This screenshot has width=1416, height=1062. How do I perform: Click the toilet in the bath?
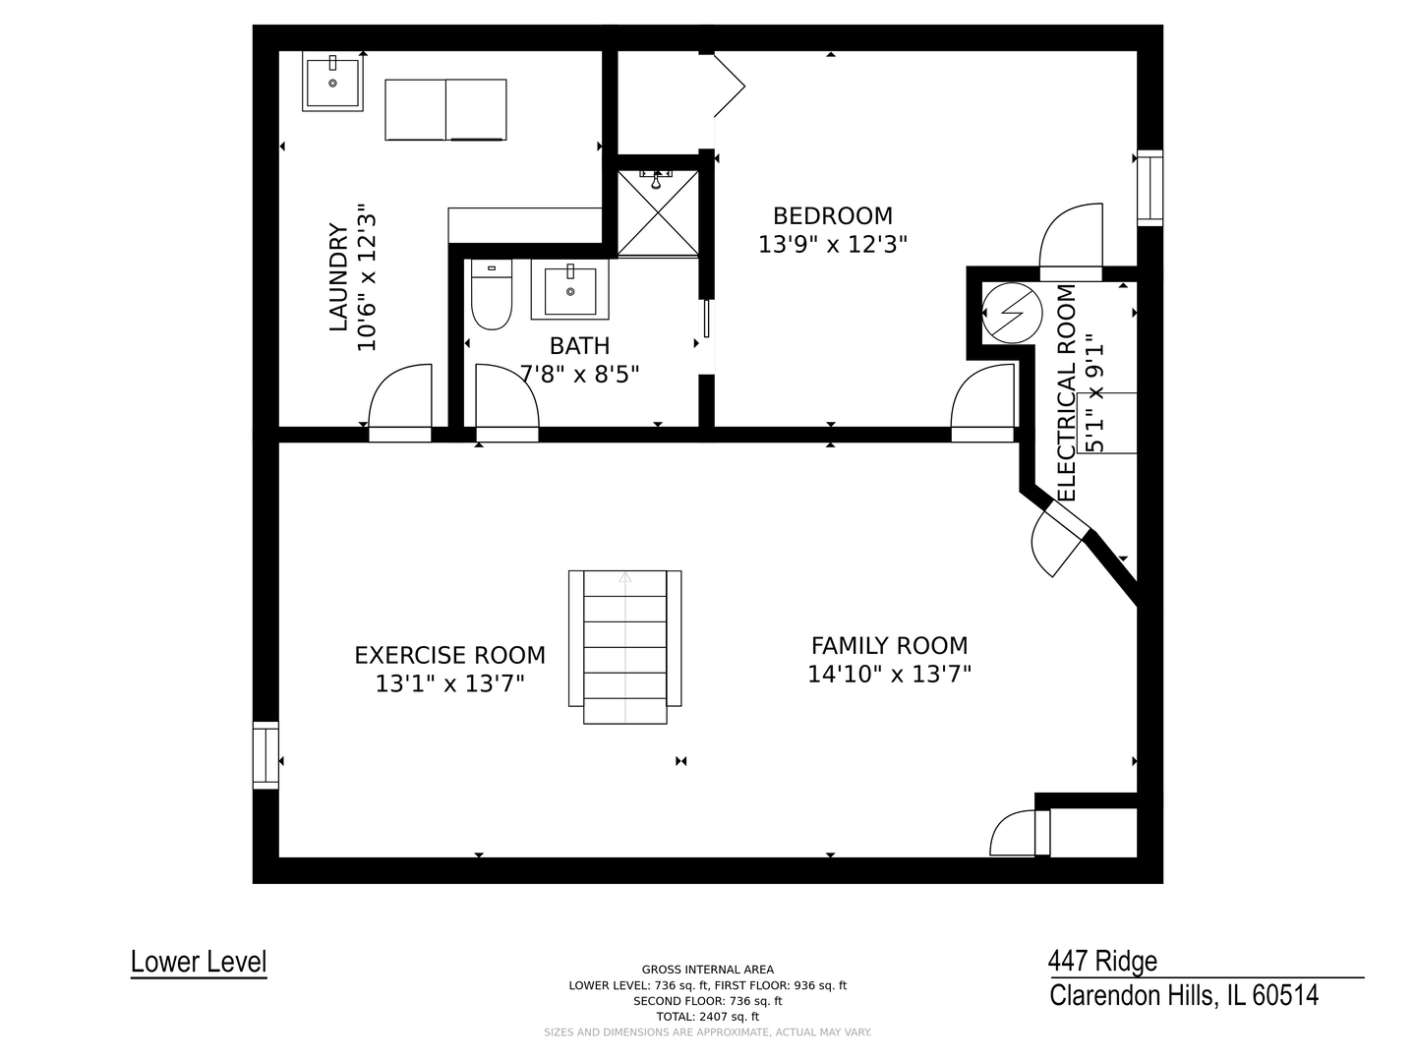(492, 294)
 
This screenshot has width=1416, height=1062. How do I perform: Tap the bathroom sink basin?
(569, 289)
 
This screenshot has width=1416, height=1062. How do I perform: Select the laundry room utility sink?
(332, 82)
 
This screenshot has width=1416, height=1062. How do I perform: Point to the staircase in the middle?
(624, 647)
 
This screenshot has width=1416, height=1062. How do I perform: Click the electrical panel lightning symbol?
(1012, 314)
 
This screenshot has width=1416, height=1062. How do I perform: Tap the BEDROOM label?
(832, 215)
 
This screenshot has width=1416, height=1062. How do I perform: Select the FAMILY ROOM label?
(889, 645)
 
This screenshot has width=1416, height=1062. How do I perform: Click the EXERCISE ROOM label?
(449, 655)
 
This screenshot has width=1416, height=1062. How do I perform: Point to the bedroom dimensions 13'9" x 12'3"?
(832, 245)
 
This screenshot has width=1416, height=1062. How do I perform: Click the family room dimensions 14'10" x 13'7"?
(889, 675)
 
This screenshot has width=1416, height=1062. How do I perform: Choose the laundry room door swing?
(400, 402)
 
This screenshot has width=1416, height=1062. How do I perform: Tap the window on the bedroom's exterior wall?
(1150, 188)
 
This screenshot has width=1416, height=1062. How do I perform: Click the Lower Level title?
(199, 962)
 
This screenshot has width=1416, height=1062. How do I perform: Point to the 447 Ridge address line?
(1102, 961)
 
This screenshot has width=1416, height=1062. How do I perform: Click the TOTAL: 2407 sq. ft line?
(708, 1017)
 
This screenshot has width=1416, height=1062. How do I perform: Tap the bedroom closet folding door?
(729, 86)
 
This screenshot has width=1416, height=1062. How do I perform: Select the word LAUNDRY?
(338, 277)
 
